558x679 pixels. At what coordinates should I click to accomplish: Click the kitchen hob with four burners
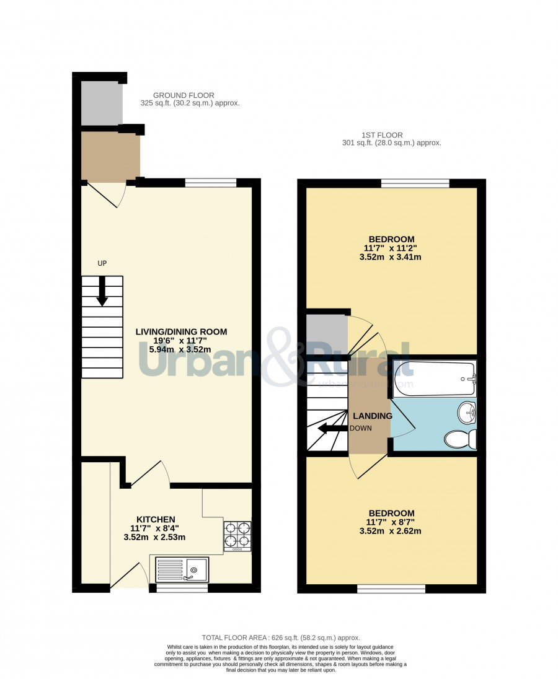pyautogui.click(x=237, y=536)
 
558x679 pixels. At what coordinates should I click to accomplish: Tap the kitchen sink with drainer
pyautogui.click(x=182, y=569)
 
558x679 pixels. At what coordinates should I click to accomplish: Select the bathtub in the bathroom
pyautogui.click(x=435, y=379)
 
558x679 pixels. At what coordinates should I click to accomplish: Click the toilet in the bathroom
pyautogui.click(x=461, y=439)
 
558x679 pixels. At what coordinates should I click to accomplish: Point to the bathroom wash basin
pyautogui.click(x=467, y=413)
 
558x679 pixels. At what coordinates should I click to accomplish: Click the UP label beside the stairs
pyautogui.click(x=102, y=263)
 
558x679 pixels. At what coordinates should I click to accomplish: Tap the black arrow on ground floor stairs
pyautogui.click(x=102, y=291)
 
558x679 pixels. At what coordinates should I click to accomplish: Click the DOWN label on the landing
pyautogui.click(x=360, y=428)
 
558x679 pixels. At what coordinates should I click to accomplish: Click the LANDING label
pyautogui.click(x=373, y=416)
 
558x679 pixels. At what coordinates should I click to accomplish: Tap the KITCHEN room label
pyautogui.click(x=156, y=519)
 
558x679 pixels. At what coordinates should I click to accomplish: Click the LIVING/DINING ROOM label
pyautogui.click(x=181, y=331)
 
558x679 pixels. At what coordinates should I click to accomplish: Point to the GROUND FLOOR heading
pyautogui.click(x=184, y=95)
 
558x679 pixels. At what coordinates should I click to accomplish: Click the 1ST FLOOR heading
pyautogui.click(x=382, y=135)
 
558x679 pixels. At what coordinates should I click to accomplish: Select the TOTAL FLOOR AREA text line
pyautogui.click(x=281, y=637)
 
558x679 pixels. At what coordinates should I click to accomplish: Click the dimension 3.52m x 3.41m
pyautogui.click(x=391, y=256)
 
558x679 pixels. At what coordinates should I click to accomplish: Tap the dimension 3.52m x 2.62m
pyautogui.click(x=391, y=531)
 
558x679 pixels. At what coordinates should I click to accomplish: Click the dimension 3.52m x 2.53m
pyautogui.click(x=154, y=537)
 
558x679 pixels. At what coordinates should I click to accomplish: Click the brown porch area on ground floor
pyautogui.click(x=111, y=156)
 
